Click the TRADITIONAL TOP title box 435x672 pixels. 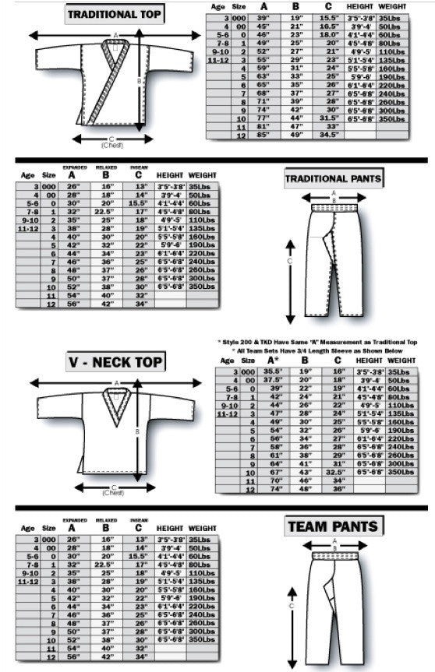click(x=115, y=13)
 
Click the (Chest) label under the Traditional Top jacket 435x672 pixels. click(x=115, y=145)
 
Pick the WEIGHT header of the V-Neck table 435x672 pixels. click(x=407, y=361)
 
